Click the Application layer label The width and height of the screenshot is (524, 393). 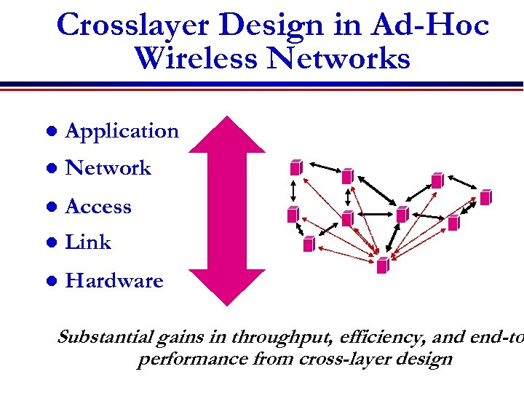click(122, 131)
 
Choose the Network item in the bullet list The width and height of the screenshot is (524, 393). click(108, 168)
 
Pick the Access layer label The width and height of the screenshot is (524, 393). click(98, 207)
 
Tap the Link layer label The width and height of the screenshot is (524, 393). click(88, 242)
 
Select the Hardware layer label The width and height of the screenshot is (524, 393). click(114, 281)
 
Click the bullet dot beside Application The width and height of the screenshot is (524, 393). click(50, 132)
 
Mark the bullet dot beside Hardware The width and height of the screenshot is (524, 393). click(50, 281)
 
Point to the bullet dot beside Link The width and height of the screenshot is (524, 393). click(50, 243)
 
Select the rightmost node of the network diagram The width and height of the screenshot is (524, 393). click(485, 196)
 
